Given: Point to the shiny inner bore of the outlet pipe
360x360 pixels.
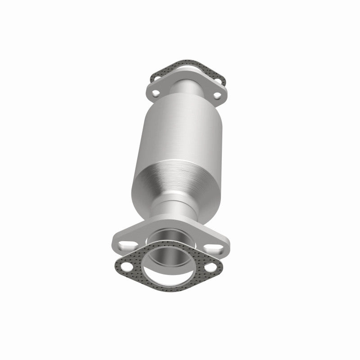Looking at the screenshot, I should coord(173,254).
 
